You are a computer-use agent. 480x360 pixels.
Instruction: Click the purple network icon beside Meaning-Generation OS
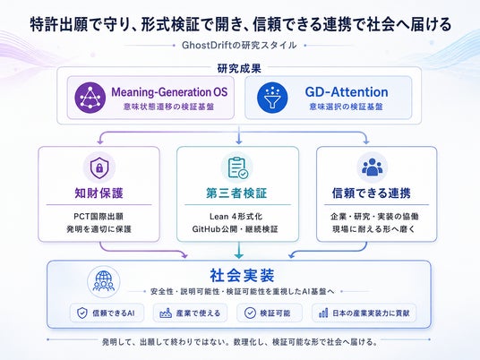(x=90, y=98)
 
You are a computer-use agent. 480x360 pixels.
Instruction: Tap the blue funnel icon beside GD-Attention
(x=272, y=98)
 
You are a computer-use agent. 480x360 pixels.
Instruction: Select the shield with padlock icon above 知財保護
(x=99, y=167)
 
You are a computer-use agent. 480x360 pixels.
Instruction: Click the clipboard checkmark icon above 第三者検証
(x=237, y=167)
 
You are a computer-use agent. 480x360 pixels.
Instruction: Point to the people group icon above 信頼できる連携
(x=373, y=167)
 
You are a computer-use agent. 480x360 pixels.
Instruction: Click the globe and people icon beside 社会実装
(x=104, y=281)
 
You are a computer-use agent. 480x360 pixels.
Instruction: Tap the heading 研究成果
(x=239, y=69)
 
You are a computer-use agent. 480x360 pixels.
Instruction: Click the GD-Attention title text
(x=347, y=92)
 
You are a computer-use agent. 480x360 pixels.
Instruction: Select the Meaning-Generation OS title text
(x=169, y=92)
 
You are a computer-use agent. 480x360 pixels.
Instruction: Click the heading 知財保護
(x=99, y=193)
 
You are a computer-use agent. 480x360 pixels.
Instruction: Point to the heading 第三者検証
(x=236, y=193)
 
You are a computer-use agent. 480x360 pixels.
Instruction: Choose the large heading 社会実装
(x=242, y=275)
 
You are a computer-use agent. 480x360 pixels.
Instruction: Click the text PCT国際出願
(x=99, y=217)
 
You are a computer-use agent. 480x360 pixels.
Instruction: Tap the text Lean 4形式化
(x=236, y=217)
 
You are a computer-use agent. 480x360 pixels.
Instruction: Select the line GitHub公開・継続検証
(x=236, y=229)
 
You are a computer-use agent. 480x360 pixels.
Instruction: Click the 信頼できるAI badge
(x=107, y=313)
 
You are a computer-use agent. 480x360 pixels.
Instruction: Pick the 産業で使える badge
(x=190, y=313)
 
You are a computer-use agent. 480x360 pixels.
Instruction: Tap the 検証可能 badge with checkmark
(x=270, y=313)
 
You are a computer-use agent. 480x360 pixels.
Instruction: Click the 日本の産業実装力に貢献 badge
(x=364, y=313)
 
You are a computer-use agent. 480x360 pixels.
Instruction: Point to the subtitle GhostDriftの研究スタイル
(x=239, y=46)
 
